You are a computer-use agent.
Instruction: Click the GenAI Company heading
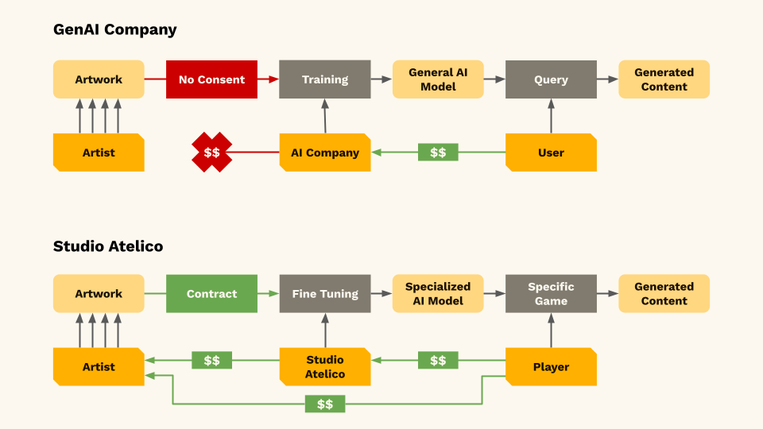114,30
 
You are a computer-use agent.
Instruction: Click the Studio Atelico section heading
108,246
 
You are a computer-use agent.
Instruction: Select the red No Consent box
211,79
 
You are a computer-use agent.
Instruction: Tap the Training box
325,79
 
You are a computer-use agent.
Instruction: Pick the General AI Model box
438,79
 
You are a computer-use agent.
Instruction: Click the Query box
551,79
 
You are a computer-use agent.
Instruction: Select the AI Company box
325,153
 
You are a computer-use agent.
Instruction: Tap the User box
551,153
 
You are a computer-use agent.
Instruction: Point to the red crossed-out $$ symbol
212,153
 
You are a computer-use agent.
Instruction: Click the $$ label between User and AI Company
438,153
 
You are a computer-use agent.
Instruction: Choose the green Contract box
211,294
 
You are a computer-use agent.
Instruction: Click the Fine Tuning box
325,294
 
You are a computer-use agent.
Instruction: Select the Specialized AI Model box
438,294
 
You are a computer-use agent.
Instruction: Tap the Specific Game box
551,294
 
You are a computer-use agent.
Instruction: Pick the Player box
551,367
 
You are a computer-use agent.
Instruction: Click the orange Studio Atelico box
325,367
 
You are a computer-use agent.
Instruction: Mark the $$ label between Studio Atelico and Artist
212,361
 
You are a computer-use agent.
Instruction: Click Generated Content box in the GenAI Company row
664,79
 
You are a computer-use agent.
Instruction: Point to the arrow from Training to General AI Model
381,79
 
